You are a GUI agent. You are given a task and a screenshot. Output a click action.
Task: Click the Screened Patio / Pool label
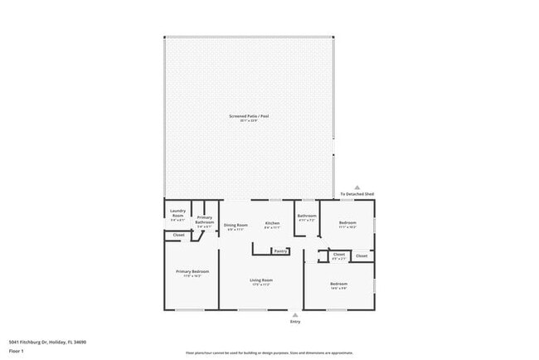point(249,115)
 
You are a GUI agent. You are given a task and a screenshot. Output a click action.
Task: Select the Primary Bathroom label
point(205,219)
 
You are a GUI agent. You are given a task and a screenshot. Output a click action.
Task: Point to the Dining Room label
point(236,225)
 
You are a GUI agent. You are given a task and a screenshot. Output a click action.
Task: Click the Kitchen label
point(272,224)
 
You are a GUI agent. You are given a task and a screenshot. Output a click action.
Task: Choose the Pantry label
point(280,251)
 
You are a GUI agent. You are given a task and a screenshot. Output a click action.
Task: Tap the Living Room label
point(261,280)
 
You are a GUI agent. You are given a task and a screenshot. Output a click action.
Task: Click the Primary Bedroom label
point(192,271)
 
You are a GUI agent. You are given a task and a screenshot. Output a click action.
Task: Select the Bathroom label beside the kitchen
point(307,216)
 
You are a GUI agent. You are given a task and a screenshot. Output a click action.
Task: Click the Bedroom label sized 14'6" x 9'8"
point(339,284)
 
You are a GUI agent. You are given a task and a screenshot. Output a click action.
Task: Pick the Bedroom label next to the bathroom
point(348,222)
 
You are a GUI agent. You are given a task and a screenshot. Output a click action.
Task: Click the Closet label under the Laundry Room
point(178,236)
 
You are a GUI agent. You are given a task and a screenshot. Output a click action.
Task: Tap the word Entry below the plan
point(294,322)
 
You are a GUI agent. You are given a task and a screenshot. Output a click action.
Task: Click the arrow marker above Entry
point(294,314)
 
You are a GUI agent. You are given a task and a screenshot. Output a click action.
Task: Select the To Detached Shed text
point(357,194)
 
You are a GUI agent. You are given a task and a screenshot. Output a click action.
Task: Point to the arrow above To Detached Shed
point(357,187)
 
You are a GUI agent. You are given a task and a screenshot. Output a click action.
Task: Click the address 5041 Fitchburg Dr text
point(47,342)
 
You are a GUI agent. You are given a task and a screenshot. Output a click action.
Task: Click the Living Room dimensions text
point(261,285)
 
